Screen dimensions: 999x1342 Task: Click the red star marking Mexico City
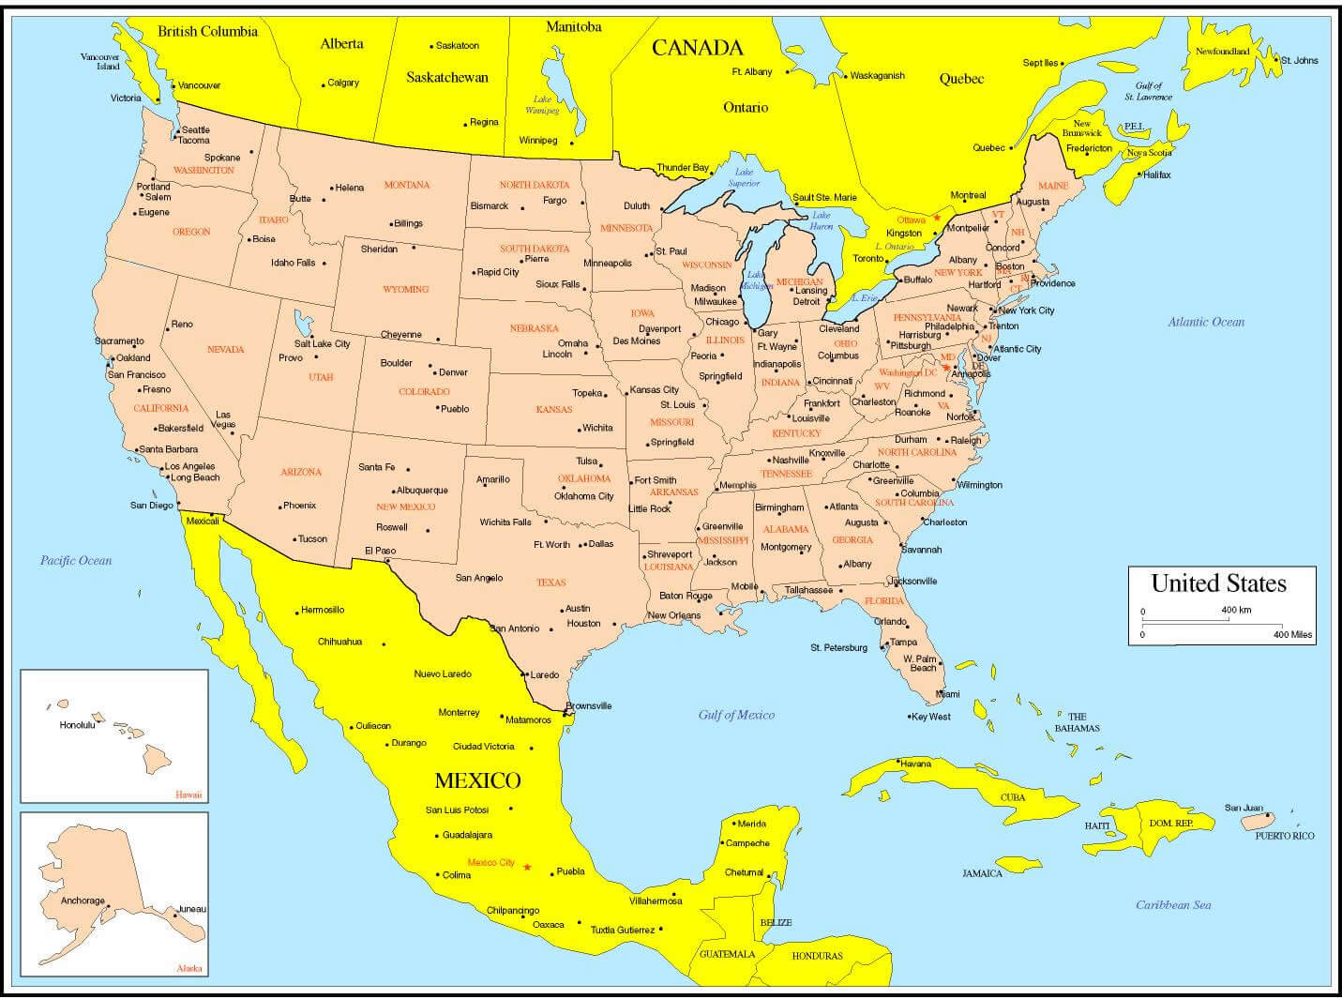click(x=527, y=867)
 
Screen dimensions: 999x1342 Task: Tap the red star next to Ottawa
click(x=936, y=218)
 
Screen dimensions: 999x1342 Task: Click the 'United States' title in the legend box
click(x=1218, y=583)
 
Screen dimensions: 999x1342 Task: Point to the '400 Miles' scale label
click(x=1292, y=635)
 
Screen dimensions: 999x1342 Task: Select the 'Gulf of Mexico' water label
click(x=736, y=715)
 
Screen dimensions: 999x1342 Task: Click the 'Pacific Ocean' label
click(x=75, y=561)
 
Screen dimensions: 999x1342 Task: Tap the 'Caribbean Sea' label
click(x=1173, y=905)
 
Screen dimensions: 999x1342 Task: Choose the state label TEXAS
click(x=551, y=583)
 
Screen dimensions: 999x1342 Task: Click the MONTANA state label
click(x=406, y=185)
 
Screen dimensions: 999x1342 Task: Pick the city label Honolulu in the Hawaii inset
click(x=77, y=725)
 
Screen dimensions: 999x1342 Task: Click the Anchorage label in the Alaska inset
click(x=83, y=901)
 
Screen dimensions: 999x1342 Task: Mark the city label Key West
click(x=932, y=717)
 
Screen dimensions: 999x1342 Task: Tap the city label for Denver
click(x=453, y=372)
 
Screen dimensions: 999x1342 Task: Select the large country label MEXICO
click(x=477, y=780)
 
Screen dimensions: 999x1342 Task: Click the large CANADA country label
click(x=697, y=48)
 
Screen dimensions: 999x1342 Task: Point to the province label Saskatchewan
click(x=446, y=78)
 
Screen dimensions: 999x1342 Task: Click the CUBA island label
click(x=1013, y=797)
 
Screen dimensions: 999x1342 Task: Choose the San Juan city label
click(x=1244, y=808)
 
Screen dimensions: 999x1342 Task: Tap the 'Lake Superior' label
click(x=744, y=177)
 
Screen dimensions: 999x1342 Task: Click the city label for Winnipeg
click(x=538, y=141)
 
